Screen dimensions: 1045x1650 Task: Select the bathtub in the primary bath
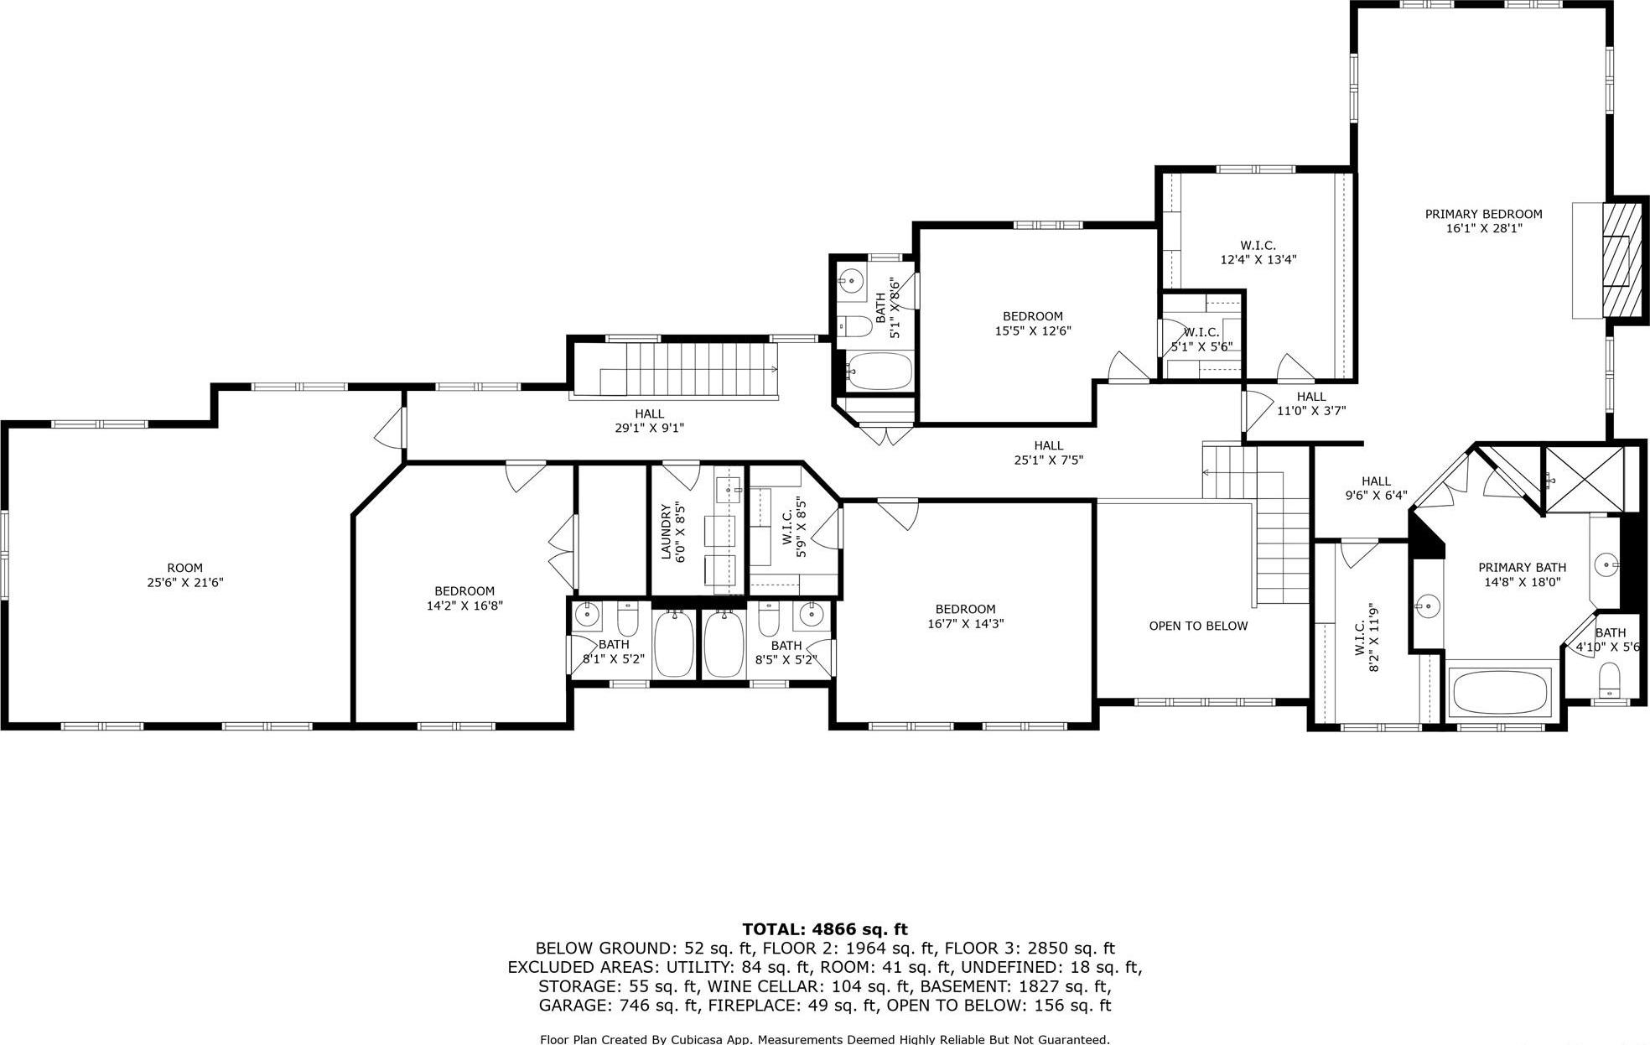click(1500, 691)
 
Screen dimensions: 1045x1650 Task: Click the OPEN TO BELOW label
click(1198, 626)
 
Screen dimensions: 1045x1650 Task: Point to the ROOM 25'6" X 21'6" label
click(184, 574)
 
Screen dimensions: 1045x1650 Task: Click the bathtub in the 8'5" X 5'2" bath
click(724, 643)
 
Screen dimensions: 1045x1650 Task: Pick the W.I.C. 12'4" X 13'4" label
click(1258, 252)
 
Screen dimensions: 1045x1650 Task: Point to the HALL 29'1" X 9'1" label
click(649, 420)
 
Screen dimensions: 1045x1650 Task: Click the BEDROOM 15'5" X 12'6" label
click(1032, 323)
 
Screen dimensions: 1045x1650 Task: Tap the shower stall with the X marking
click(1583, 479)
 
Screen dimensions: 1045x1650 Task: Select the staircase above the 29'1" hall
click(692, 369)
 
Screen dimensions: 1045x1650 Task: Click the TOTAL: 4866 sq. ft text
click(824, 928)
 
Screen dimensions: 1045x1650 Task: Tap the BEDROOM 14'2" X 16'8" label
click(464, 597)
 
